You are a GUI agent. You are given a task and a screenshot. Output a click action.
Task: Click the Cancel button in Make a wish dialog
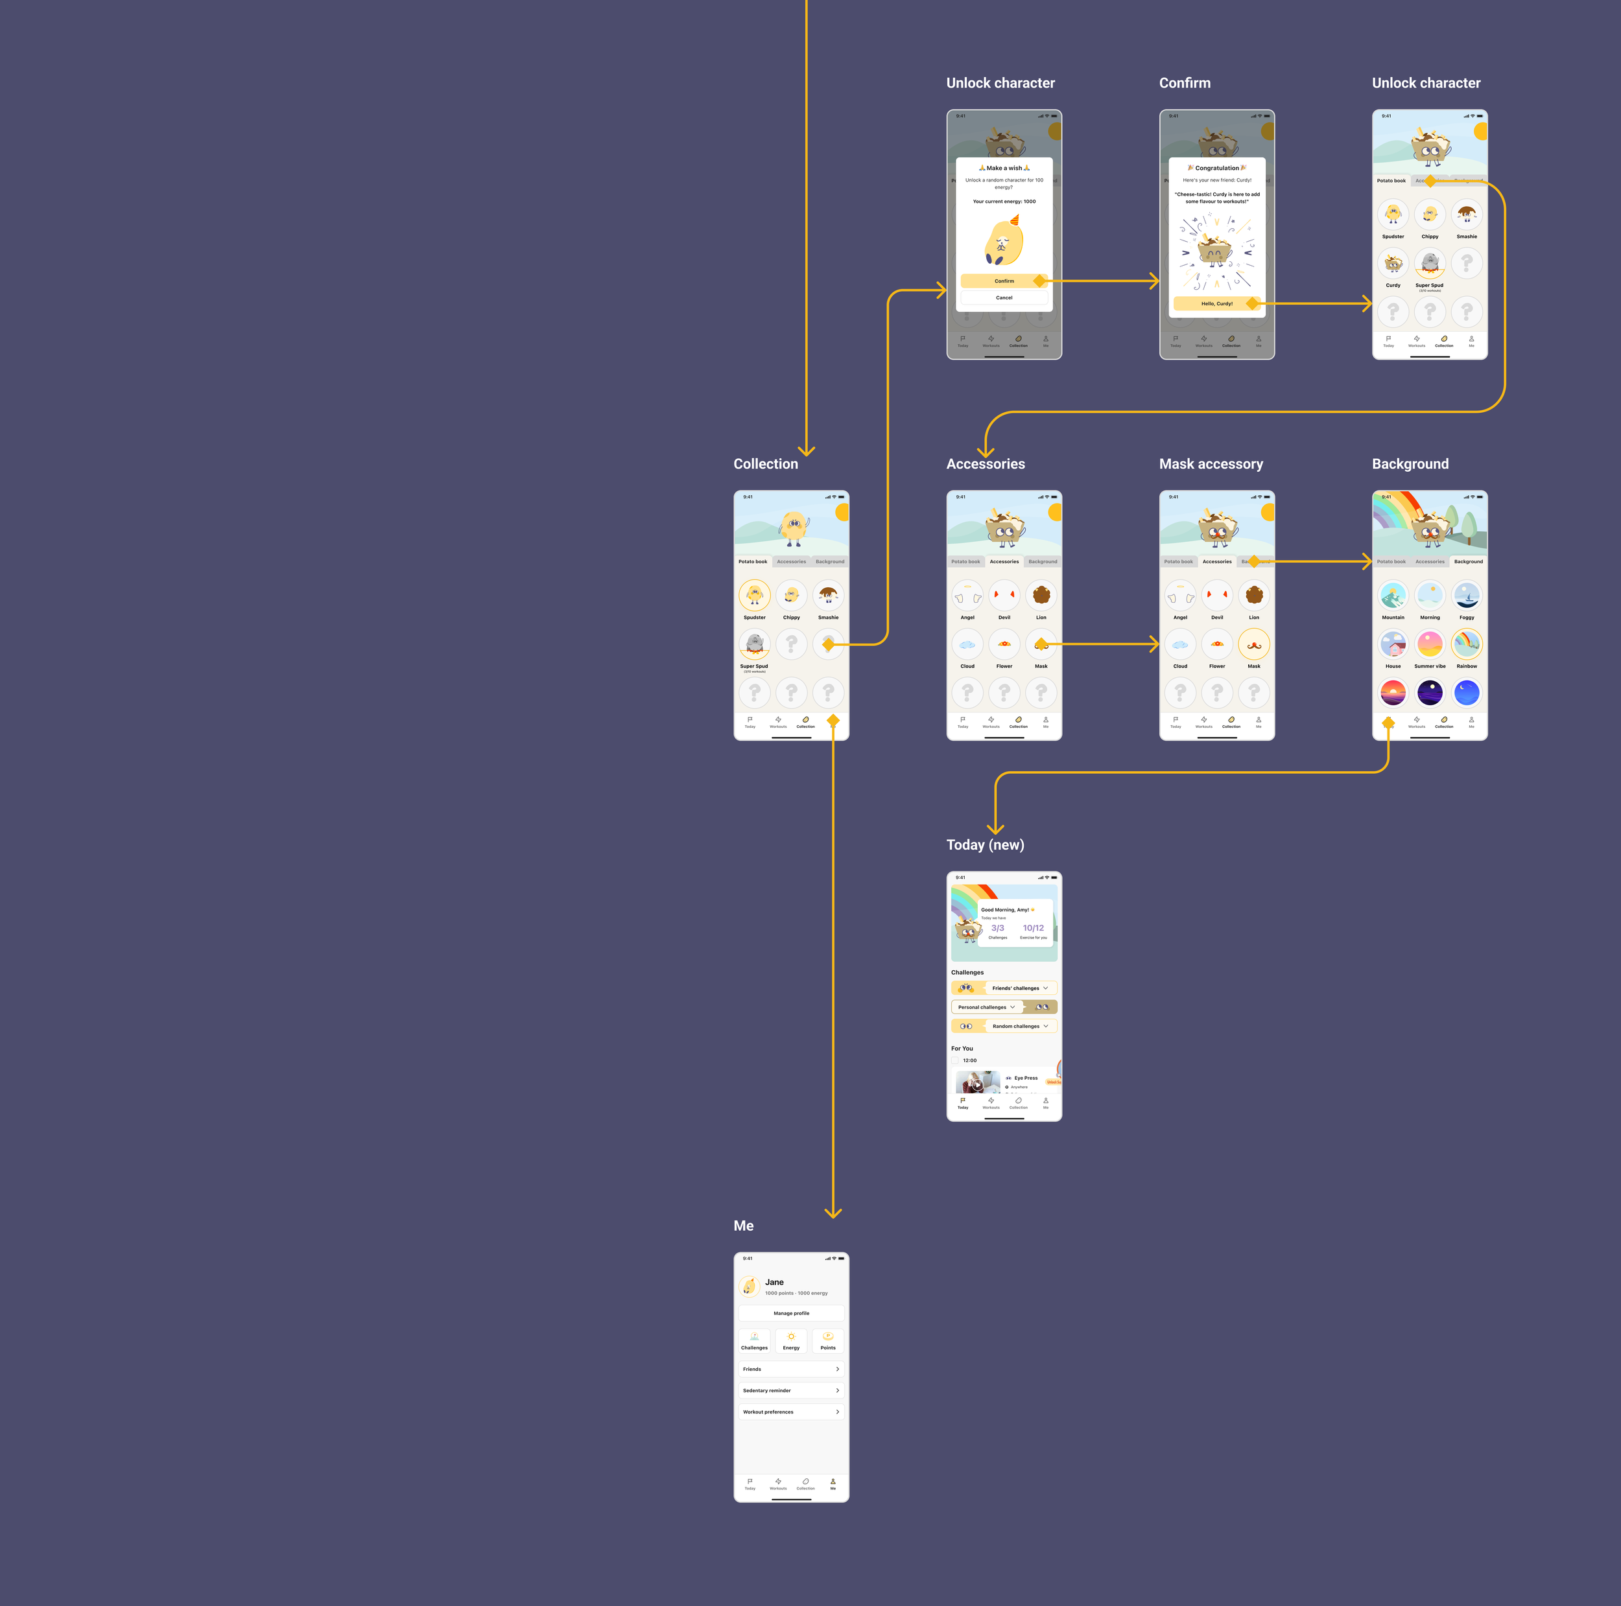(x=1004, y=297)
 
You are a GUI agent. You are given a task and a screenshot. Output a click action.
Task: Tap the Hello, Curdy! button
(x=1216, y=303)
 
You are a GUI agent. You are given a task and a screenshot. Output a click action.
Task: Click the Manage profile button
(x=791, y=1313)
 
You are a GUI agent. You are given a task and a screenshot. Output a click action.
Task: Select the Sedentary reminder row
(x=791, y=1390)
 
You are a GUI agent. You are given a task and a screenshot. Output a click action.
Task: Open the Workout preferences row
(x=791, y=1412)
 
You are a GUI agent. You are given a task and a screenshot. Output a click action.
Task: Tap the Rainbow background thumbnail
(x=1467, y=644)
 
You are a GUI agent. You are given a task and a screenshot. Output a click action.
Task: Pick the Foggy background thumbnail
(x=1467, y=596)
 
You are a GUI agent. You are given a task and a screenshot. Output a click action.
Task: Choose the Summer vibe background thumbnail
(x=1430, y=644)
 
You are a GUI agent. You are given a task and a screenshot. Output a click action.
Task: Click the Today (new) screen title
(x=985, y=844)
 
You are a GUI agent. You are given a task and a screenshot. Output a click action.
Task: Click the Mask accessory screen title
(x=1211, y=464)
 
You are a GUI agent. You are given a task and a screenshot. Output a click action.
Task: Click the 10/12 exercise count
(x=1034, y=928)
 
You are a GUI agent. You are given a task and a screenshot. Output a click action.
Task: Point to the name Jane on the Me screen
(x=774, y=1283)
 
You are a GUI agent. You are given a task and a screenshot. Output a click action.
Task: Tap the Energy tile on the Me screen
(x=791, y=1340)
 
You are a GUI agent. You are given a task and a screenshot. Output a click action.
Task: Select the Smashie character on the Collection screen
(x=828, y=596)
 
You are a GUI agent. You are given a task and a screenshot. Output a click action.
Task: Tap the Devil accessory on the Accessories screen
(x=1004, y=596)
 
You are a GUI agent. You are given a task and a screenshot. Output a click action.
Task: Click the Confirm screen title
(x=1185, y=83)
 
